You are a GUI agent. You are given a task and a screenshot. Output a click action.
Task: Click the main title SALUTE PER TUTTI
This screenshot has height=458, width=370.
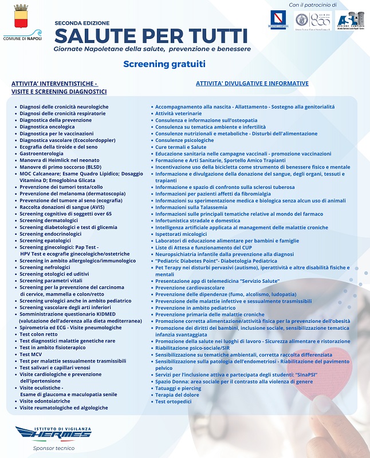point(151,35)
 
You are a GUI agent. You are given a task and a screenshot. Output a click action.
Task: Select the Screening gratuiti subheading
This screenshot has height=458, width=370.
point(164,64)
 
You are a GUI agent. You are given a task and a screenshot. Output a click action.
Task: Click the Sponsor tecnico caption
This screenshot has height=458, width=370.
point(53,448)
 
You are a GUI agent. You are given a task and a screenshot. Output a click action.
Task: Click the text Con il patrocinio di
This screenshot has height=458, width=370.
point(313,5)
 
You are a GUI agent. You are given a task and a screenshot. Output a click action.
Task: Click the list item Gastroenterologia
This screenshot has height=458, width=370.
point(41,153)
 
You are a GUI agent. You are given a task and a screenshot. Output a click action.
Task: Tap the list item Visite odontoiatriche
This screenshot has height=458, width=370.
point(46,401)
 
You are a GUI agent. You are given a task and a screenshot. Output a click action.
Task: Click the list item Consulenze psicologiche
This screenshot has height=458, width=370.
point(184,140)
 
